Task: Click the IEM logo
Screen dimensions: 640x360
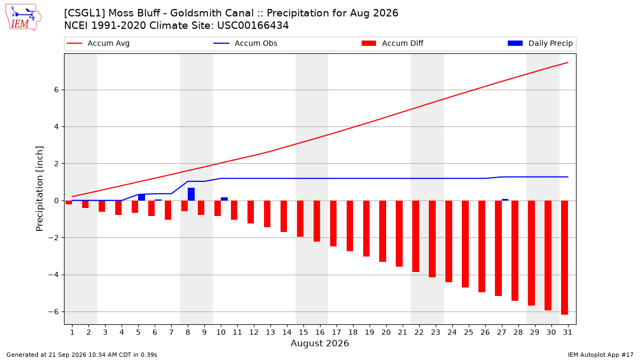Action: coord(23,18)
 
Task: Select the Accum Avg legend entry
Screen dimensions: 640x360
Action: coord(98,43)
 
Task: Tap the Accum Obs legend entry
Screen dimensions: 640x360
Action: coord(245,43)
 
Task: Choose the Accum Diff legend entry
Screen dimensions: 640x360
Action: coord(393,43)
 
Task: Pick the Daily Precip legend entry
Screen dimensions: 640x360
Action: coord(540,43)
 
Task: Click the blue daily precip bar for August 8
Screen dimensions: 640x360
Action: coord(191,194)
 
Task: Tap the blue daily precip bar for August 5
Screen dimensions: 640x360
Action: coord(141,197)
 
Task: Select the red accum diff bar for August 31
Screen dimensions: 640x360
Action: coord(564,258)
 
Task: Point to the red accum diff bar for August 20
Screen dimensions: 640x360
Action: coord(382,231)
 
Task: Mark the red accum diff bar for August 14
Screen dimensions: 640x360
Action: coord(284,217)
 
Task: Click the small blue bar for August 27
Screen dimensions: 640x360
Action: coord(505,199)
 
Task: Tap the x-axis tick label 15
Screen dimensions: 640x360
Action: coord(303,332)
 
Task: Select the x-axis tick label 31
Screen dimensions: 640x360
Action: coord(567,332)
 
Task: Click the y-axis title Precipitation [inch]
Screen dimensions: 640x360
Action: coord(39,189)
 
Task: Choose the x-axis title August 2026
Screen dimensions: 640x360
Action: coord(319,343)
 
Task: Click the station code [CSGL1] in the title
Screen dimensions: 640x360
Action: coord(84,13)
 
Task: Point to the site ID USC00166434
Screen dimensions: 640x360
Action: coord(253,26)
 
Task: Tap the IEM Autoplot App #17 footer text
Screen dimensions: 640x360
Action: coord(601,355)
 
